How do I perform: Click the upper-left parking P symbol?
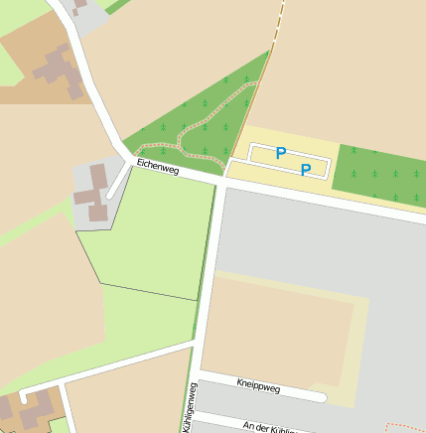pos(281,153)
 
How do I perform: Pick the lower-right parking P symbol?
pos(306,170)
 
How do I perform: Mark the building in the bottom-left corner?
pos(27,409)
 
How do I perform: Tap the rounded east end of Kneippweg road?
pos(320,397)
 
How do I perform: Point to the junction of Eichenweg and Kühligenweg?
pos(220,180)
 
